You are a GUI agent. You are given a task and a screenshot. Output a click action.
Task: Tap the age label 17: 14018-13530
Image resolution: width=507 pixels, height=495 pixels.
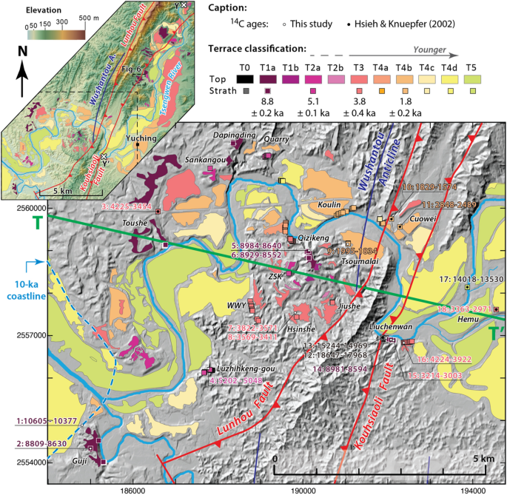pyautogui.click(x=471, y=280)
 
